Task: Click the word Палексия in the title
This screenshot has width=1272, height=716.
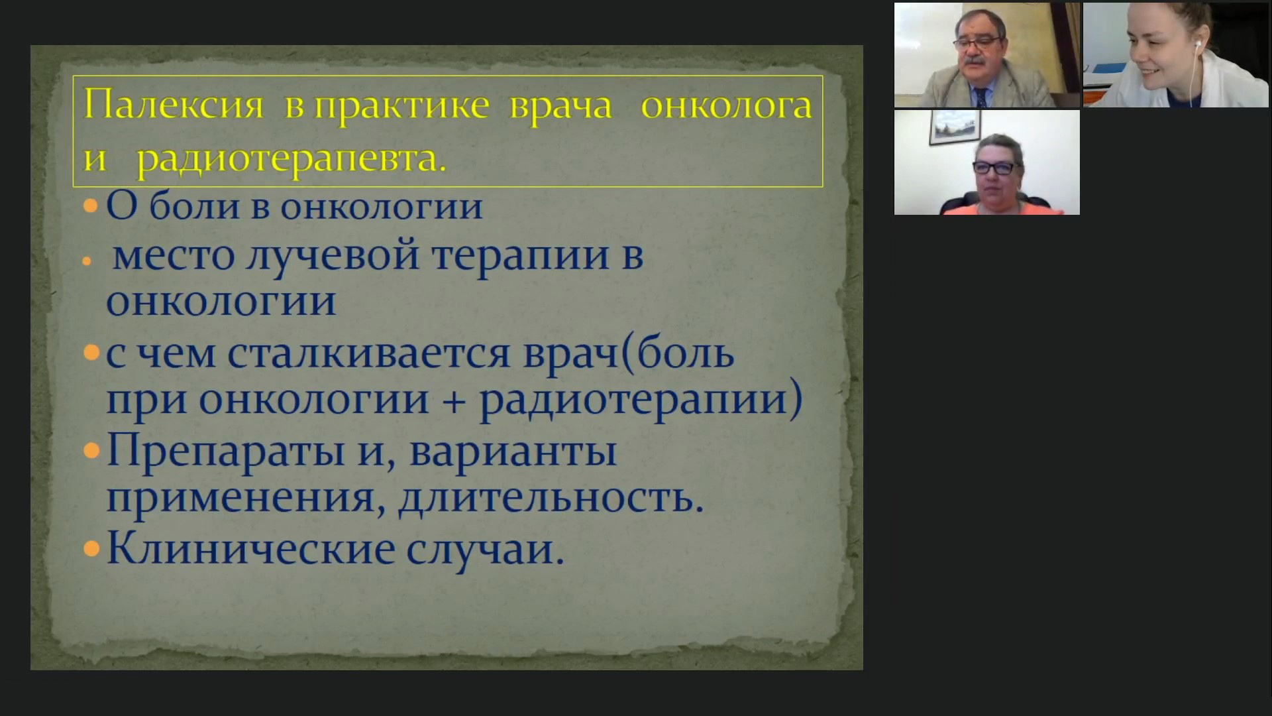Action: coord(174,105)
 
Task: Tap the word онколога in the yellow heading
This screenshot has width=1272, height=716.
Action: coord(726,105)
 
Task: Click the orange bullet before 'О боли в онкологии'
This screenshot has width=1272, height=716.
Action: coord(91,206)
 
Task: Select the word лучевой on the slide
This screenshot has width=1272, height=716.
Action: coord(332,255)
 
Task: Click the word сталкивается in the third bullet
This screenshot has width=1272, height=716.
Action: coord(370,353)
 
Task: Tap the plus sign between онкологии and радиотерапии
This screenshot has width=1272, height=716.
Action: coord(454,401)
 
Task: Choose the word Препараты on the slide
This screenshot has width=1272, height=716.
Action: coord(225,452)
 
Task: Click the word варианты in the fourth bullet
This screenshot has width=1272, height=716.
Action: coord(513,451)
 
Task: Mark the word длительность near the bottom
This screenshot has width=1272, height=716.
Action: coord(551,499)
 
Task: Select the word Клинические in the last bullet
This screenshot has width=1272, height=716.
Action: coord(250,549)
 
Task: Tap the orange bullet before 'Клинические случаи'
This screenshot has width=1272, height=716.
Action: coord(91,549)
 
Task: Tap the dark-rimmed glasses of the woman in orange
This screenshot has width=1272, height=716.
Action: coord(997,168)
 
